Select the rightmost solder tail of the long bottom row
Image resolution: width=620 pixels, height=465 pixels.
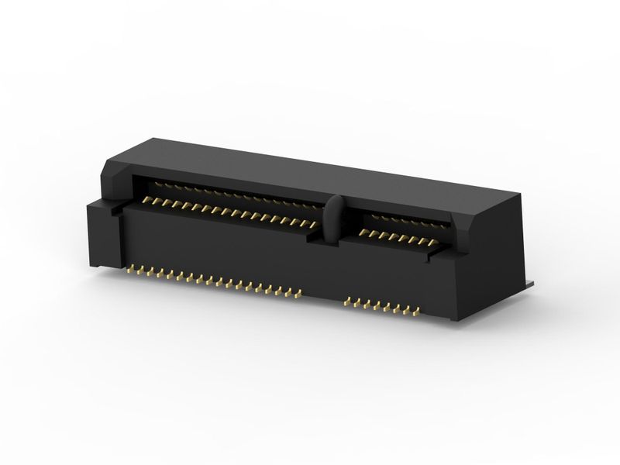coord(298,294)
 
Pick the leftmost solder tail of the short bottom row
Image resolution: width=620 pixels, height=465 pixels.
coord(346,301)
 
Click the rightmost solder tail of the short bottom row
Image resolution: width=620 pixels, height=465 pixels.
coord(416,314)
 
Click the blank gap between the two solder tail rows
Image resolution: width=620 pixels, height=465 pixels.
coord(322,298)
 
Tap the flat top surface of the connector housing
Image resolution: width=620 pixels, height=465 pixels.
coord(310,167)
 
